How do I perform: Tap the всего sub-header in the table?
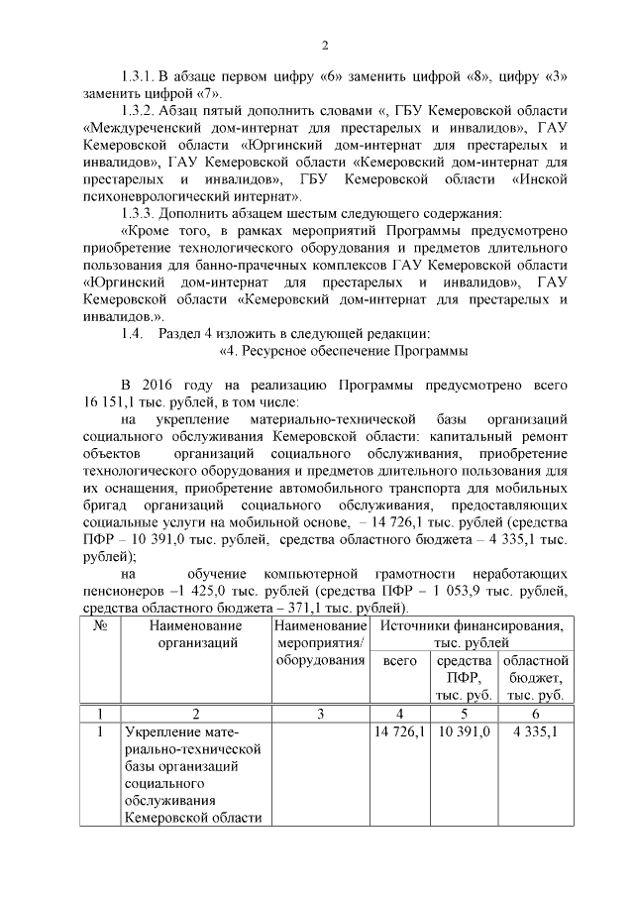click(399, 661)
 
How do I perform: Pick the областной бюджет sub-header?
click(536, 678)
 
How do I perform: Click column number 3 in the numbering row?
click(318, 714)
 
